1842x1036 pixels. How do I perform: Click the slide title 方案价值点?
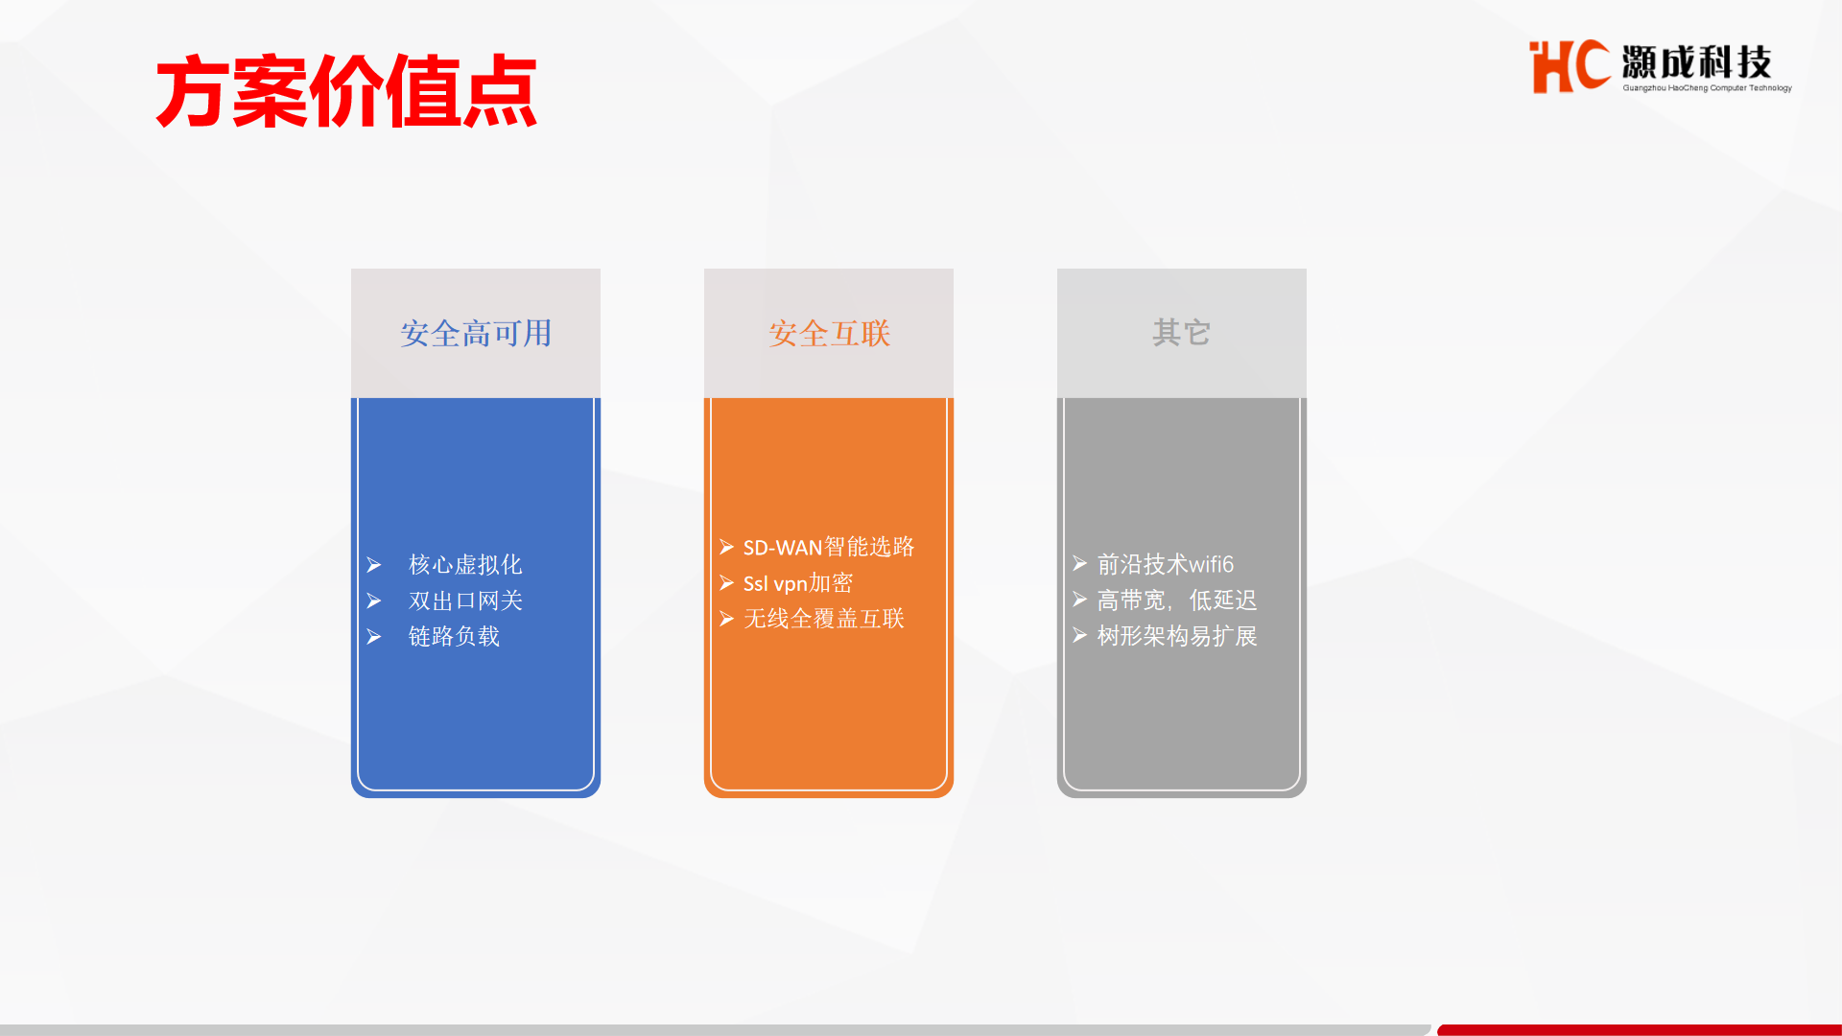(x=346, y=92)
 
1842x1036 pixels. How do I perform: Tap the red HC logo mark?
(x=1570, y=66)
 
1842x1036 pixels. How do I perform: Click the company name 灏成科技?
(x=1696, y=62)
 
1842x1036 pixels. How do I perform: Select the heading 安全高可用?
(x=476, y=333)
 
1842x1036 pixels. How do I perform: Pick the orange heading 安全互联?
(x=829, y=333)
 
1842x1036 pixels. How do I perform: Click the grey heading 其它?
(x=1182, y=333)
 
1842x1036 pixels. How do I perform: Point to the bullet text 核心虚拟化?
(x=465, y=564)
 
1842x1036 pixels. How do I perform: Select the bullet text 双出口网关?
(x=465, y=600)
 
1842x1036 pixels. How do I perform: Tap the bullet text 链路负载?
(x=454, y=636)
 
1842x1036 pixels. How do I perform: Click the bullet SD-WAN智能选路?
(x=829, y=547)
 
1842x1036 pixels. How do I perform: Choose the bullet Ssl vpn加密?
(x=798, y=583)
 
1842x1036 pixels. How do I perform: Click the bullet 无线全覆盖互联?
(x=824, y=619)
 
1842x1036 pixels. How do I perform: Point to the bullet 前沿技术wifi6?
(x=1166, y=564)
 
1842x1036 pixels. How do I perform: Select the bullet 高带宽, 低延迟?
(x=1177, y=600)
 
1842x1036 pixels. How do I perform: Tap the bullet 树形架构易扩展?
(x=1177, y=636)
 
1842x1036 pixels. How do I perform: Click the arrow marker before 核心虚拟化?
(x=374, y=565)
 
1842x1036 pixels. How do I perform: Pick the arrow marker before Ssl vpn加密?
(x=727, y=583)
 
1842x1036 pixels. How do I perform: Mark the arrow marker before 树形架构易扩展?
(x=1080, y=636)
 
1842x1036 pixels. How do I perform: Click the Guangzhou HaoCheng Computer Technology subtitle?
(x=1707, y=88)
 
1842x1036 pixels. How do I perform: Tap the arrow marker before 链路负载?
(x=374, y=637)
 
